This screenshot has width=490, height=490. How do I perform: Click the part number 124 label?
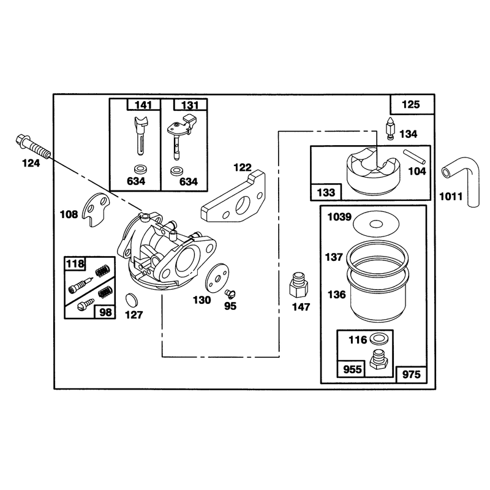[x=31, y=163]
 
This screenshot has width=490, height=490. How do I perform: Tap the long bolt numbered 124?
[x=33, y=146]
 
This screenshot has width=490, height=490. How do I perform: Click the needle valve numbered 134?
[x=390, y=129]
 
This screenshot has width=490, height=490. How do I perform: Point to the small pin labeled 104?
[x=414, y=157]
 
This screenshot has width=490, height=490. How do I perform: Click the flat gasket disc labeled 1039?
[x=376, y=224]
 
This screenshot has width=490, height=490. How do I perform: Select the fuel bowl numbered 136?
[x=377, y=294]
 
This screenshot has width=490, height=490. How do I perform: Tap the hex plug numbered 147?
[x=298, y=285]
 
